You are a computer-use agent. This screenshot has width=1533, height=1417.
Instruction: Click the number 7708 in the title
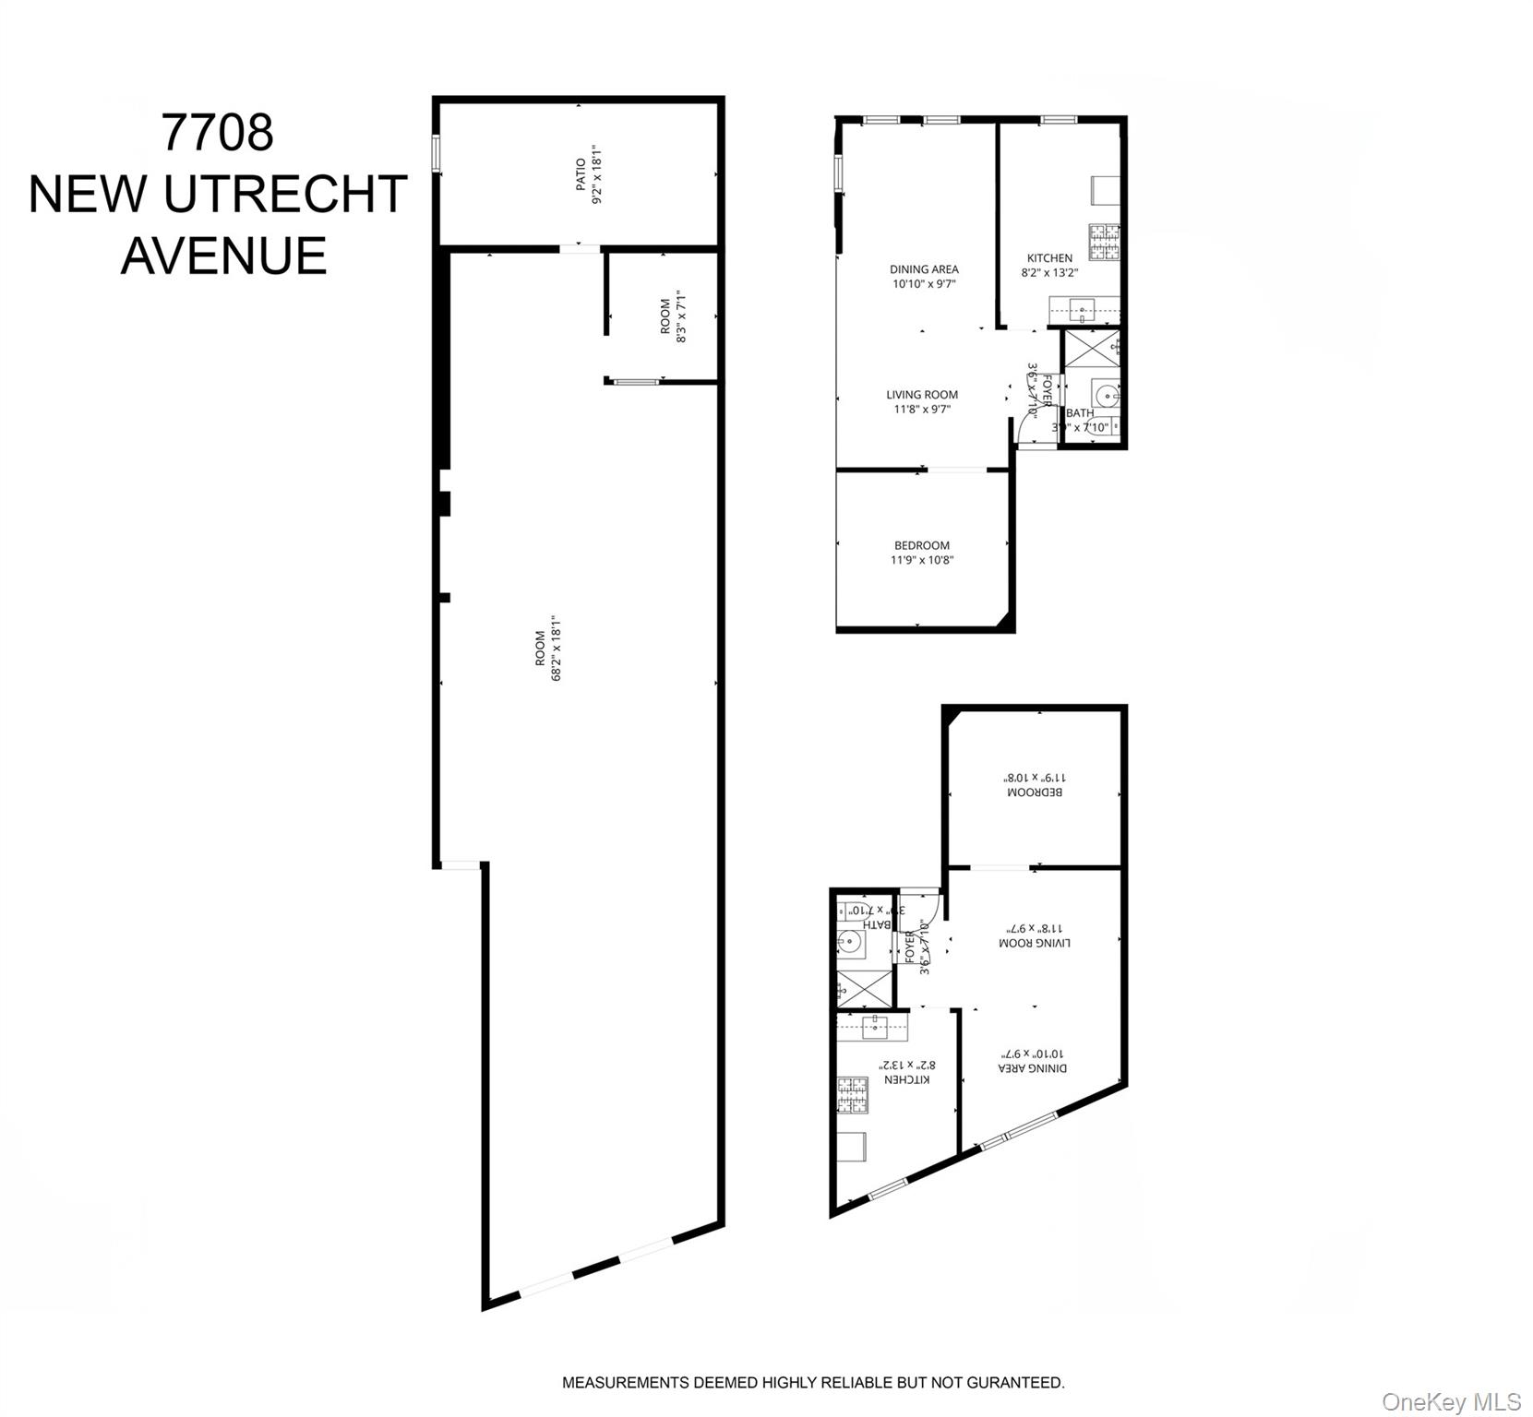218,133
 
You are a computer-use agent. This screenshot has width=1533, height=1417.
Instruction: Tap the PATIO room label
581,174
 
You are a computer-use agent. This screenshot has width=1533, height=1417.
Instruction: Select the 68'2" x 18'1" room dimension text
557,649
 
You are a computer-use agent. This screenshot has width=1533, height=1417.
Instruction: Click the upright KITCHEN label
1049,258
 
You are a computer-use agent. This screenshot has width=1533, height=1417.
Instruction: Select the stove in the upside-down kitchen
852,1094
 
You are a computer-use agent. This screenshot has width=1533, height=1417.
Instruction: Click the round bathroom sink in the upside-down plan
849,944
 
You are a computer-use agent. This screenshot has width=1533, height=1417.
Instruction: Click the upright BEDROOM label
921,545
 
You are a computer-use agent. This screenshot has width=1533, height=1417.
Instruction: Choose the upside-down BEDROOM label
1034,792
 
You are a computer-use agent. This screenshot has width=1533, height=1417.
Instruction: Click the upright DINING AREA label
924,269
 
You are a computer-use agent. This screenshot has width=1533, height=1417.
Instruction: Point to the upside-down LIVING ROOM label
1034,944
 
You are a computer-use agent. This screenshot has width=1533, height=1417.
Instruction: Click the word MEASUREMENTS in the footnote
625,1383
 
